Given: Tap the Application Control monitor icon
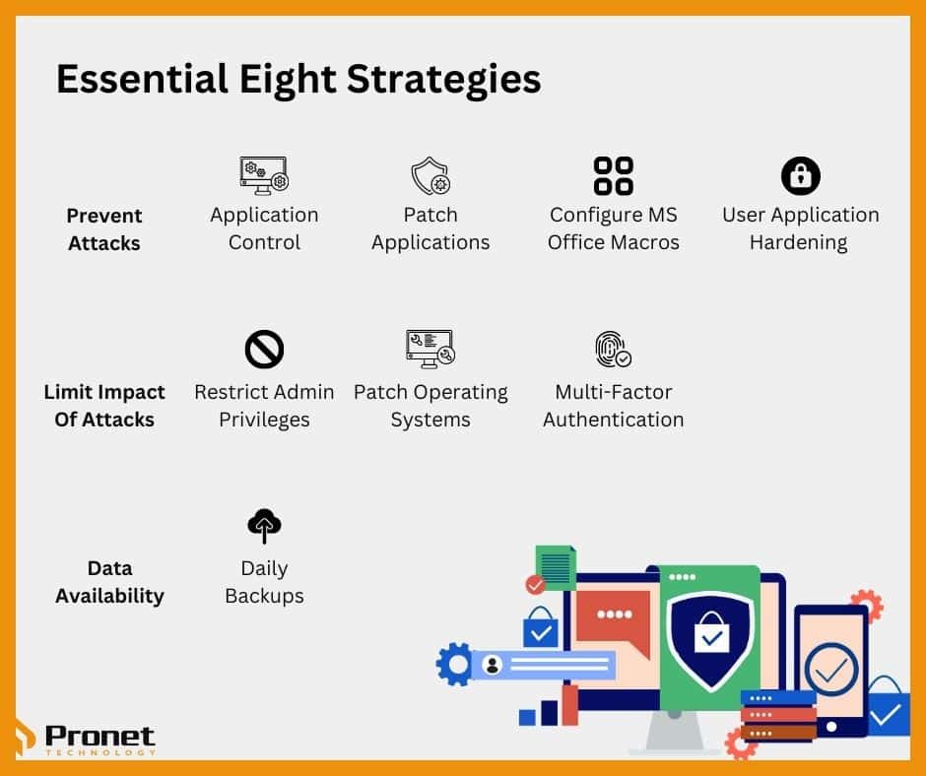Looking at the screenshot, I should coord(264,174).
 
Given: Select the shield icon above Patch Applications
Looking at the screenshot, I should coord(430,176).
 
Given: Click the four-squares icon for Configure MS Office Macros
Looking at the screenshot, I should coord(613,175).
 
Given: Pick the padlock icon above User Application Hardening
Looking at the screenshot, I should coord(800,175).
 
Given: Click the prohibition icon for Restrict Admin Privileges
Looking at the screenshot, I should coord(264,349).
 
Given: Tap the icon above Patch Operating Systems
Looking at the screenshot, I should coord(430,348).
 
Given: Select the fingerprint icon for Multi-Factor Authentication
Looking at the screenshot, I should coord(612,349).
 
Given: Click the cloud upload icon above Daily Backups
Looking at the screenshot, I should coord(264,525).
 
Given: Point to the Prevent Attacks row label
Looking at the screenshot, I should coord(104,228).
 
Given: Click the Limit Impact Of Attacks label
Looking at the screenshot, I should coord(104,405).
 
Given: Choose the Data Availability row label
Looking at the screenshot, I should coord(108,581).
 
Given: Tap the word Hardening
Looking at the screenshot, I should coord(798,242).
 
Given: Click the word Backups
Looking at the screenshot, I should coord(264,596).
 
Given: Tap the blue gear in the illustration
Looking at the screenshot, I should coord(455,664).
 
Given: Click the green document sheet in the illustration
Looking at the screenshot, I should coord(557,567).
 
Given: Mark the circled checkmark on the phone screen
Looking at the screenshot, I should coord(831,669).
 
